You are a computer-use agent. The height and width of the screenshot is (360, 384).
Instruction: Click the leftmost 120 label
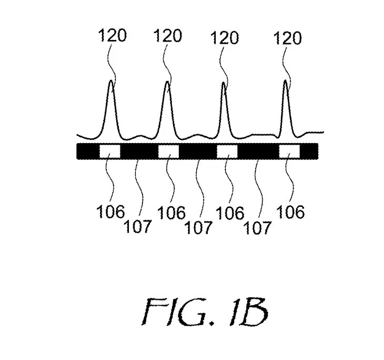[x=113, y=35]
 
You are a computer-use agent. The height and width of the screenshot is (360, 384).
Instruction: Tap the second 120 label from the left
[x=168, y=36]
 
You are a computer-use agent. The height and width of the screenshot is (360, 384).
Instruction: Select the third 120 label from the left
[x=224, y=38]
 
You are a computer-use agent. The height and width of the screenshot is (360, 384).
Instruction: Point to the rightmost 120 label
[x=288, y=38]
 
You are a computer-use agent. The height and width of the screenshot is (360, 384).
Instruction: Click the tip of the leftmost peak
[x=111, y=81]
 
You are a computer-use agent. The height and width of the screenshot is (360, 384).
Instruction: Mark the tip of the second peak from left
[x=167, y=82]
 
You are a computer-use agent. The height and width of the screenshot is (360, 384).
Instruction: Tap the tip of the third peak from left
[x=224, y=82]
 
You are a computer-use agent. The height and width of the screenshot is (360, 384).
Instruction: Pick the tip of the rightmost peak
[x=285, y=80]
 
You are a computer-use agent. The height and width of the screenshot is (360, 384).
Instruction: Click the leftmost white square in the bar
[x=110, y=151]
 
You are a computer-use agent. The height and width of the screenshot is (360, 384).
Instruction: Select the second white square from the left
[x=168, y=151]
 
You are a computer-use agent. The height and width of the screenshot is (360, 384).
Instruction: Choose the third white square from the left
[x=227, y=151]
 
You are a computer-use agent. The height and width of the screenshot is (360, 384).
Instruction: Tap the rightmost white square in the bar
[x=289, y=151]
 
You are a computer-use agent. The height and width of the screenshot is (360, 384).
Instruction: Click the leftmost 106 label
[x=110, y=212]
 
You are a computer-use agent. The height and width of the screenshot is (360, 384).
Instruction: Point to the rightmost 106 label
[x=290, y=212]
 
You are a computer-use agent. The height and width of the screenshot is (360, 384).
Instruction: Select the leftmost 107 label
[x=137, y=226]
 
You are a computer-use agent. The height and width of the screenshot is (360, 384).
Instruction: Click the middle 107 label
[x=198, y=227]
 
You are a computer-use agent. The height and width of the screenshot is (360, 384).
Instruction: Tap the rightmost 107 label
[x=258, y=228]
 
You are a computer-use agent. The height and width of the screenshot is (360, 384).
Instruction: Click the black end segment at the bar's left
[x=88, y=151]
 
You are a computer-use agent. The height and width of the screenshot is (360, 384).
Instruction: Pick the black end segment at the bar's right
[x=309, y=151]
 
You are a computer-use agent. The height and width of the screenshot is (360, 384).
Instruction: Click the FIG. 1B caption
[x=205, y=312]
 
